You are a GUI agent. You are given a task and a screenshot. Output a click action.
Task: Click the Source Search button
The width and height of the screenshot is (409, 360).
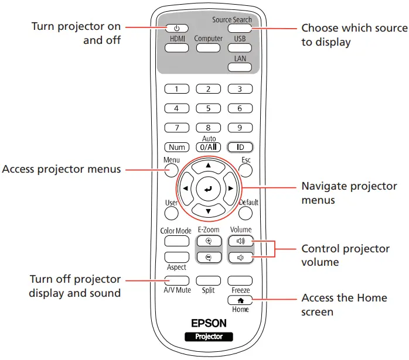click(x=239, y=28)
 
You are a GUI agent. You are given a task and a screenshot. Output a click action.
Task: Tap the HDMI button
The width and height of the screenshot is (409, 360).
click(x=176, y=47)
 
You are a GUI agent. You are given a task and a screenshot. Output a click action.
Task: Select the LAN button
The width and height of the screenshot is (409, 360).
click(x=239, y=67)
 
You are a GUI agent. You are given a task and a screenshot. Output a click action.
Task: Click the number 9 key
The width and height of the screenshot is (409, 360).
click(x=239, y=128)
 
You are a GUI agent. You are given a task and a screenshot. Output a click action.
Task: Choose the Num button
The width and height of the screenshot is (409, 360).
click(x=176, y=148)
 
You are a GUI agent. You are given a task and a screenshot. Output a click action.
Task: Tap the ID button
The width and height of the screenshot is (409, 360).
click(x=239, y=148)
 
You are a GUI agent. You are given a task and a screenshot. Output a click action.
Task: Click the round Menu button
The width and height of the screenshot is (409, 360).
click(x=171, y=170)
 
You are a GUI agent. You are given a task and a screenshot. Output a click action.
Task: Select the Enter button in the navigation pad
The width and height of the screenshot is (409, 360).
click(x=207, y=188)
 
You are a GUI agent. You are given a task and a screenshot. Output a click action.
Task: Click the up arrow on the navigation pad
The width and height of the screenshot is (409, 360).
click(x=207, y=166)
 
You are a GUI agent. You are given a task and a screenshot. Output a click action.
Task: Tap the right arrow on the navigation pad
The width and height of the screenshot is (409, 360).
click(x=231, y=188)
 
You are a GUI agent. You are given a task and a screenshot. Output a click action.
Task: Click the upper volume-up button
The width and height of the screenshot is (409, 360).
click(x=240, y=241)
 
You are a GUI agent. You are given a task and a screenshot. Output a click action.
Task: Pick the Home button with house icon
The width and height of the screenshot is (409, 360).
click(x=240, y=300)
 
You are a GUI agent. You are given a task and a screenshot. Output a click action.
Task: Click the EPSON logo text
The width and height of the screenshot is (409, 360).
click(x=208, y=323)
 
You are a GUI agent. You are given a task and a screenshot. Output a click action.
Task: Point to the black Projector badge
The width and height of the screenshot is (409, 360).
click(x=208, y=337)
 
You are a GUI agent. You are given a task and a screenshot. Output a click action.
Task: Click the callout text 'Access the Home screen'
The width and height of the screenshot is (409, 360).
click(x=344, y=304)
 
